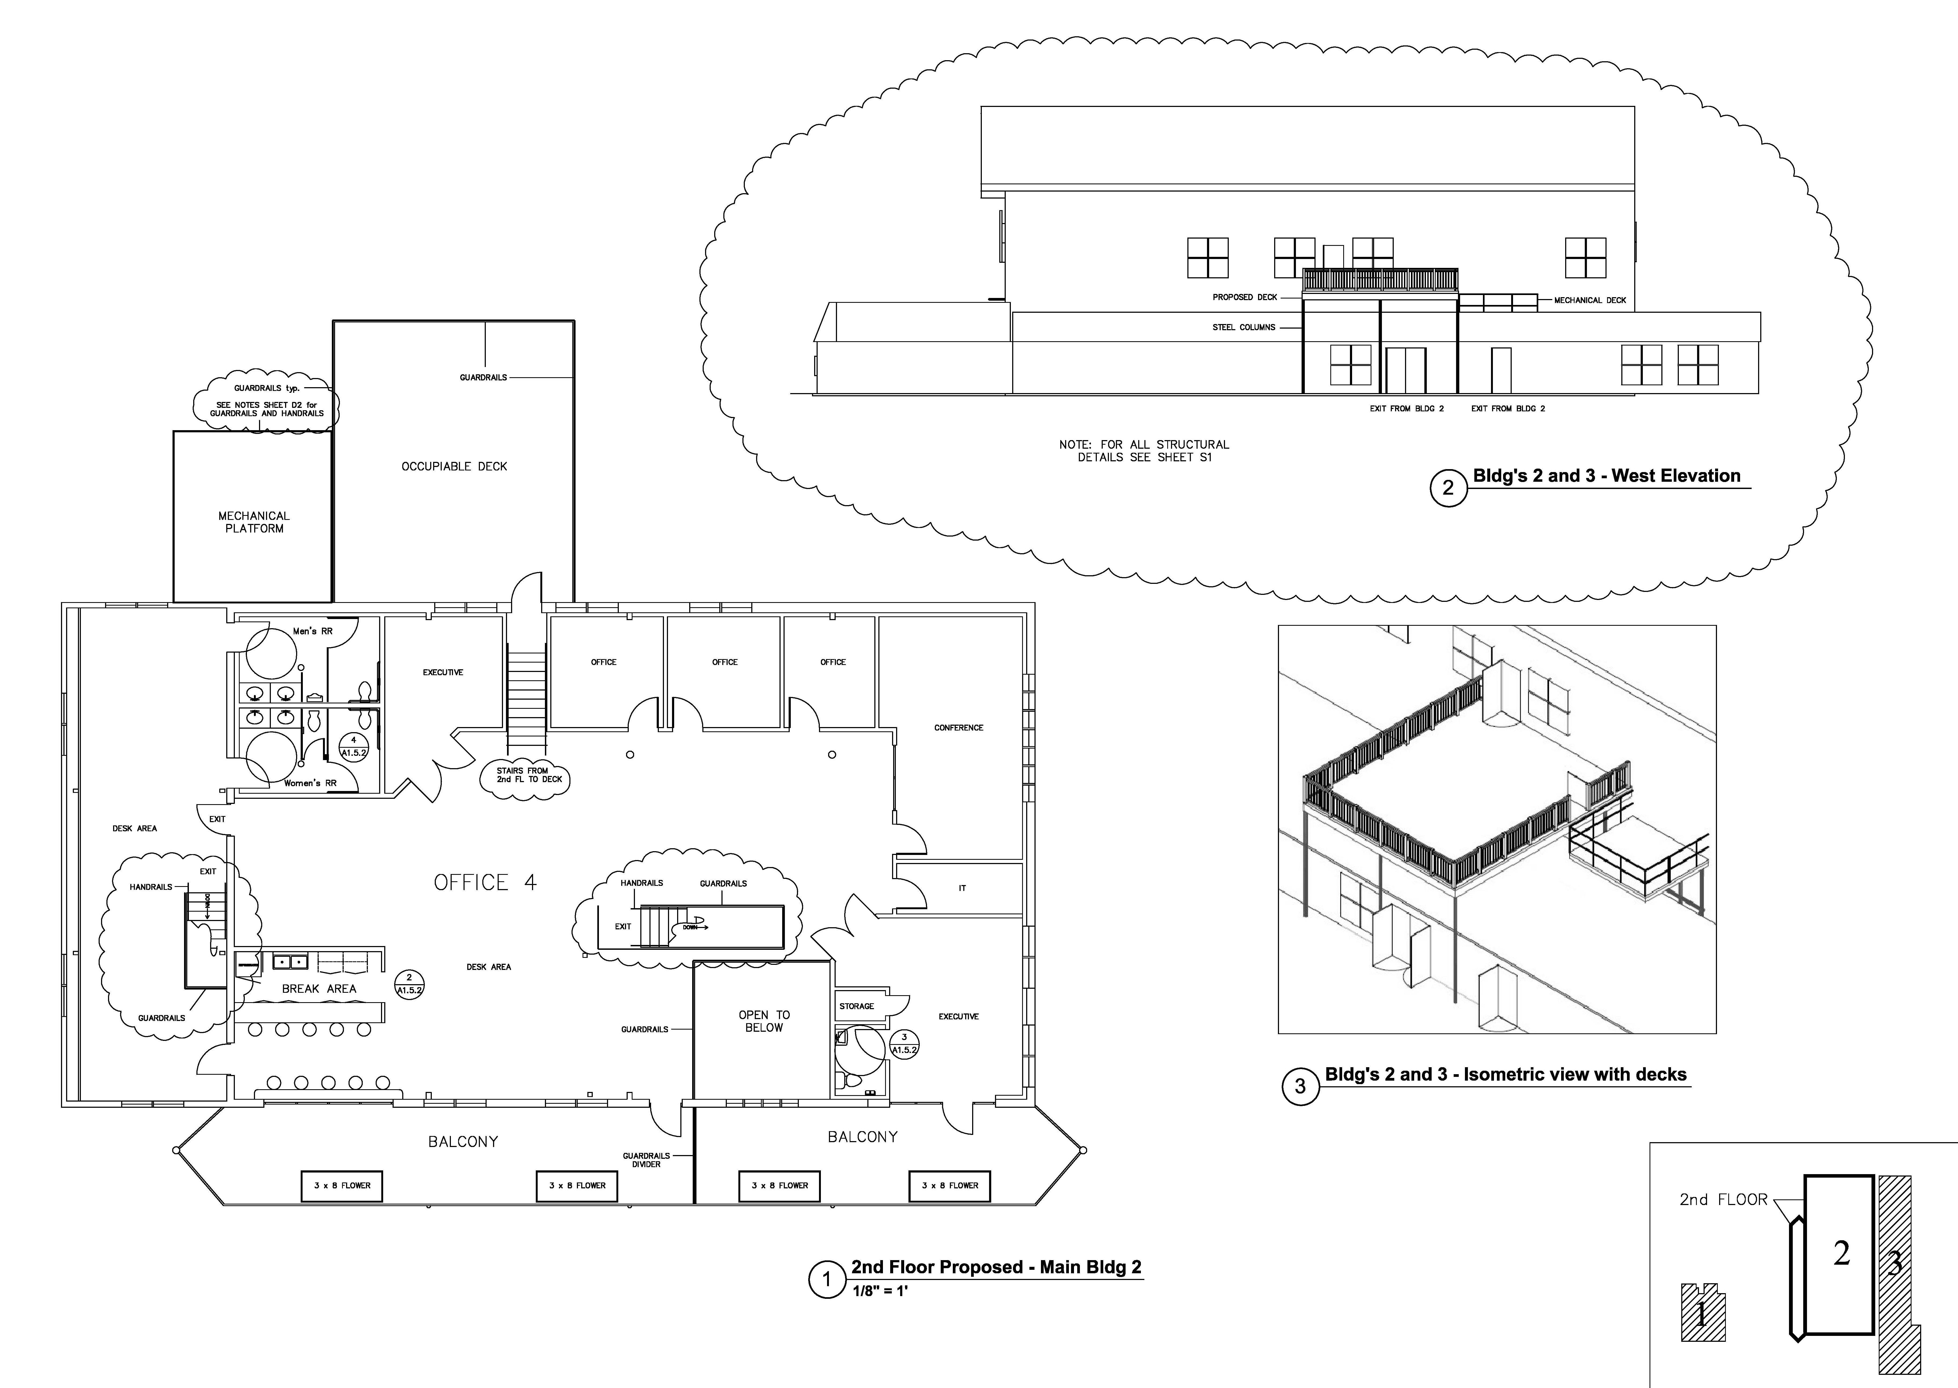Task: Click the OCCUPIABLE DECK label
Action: [x=454, y=467]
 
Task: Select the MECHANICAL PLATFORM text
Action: [x=254, y=522]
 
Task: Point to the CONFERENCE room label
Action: [x=958, y=728]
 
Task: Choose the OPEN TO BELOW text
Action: [x=764, y=1021]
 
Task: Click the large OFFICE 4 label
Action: [x=484, y=883]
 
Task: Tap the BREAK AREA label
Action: [x=319, y=989]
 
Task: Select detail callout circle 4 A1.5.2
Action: [x=354, y=747]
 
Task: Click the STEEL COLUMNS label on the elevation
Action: [x=1244, y=327]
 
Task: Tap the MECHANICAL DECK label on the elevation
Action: [x=1590, y=301]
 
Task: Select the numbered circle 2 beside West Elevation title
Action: [x=1448, y=488]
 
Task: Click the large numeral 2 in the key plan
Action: [x=1842, y=1254]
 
